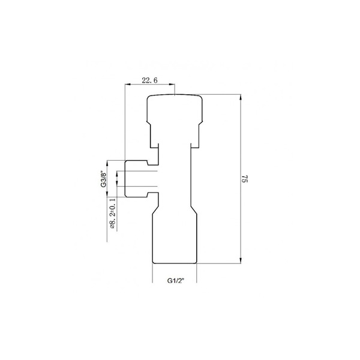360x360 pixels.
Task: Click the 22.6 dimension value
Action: point(149,80)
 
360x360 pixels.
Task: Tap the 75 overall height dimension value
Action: point(245,179)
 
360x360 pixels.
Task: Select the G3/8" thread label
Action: point(104,179)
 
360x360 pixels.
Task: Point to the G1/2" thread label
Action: point(176,281)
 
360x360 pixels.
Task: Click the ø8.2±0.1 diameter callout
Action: point(112,213)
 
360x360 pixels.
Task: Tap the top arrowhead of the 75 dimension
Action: point(241,97)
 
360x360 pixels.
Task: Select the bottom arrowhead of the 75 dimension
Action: point(241,260)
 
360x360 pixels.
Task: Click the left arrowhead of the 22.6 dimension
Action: point(128,84)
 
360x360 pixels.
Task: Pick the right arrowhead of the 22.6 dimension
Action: point(172,84)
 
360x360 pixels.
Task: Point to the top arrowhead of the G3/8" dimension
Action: point(107,163)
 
